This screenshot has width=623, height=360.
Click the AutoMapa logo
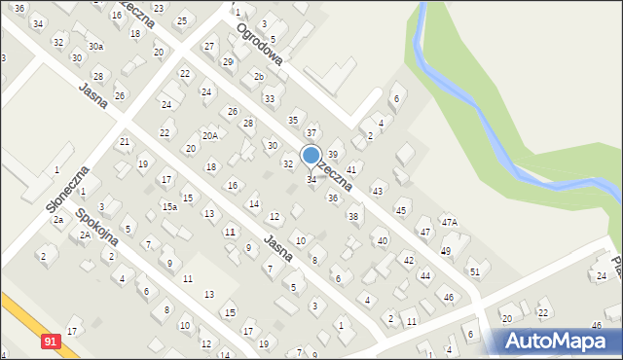pos(556,340)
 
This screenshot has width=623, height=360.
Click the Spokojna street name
pos(97,225)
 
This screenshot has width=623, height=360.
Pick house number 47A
pos(449,222)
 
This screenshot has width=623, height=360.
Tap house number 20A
pos(209,135)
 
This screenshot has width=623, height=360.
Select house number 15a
pos(169,206)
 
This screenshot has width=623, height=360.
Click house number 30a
pos(95,46)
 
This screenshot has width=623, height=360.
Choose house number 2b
pos(258,76)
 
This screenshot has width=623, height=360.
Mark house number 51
pos(474,271)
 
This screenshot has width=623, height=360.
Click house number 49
pos(446,250)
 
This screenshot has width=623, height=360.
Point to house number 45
pos(401,210)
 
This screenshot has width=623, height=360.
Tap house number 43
pos(378,191)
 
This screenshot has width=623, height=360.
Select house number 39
pos(332,155)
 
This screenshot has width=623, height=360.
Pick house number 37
pos(311,131)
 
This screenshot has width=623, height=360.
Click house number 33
pos(270,99)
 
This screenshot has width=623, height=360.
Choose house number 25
pos(181,20)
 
